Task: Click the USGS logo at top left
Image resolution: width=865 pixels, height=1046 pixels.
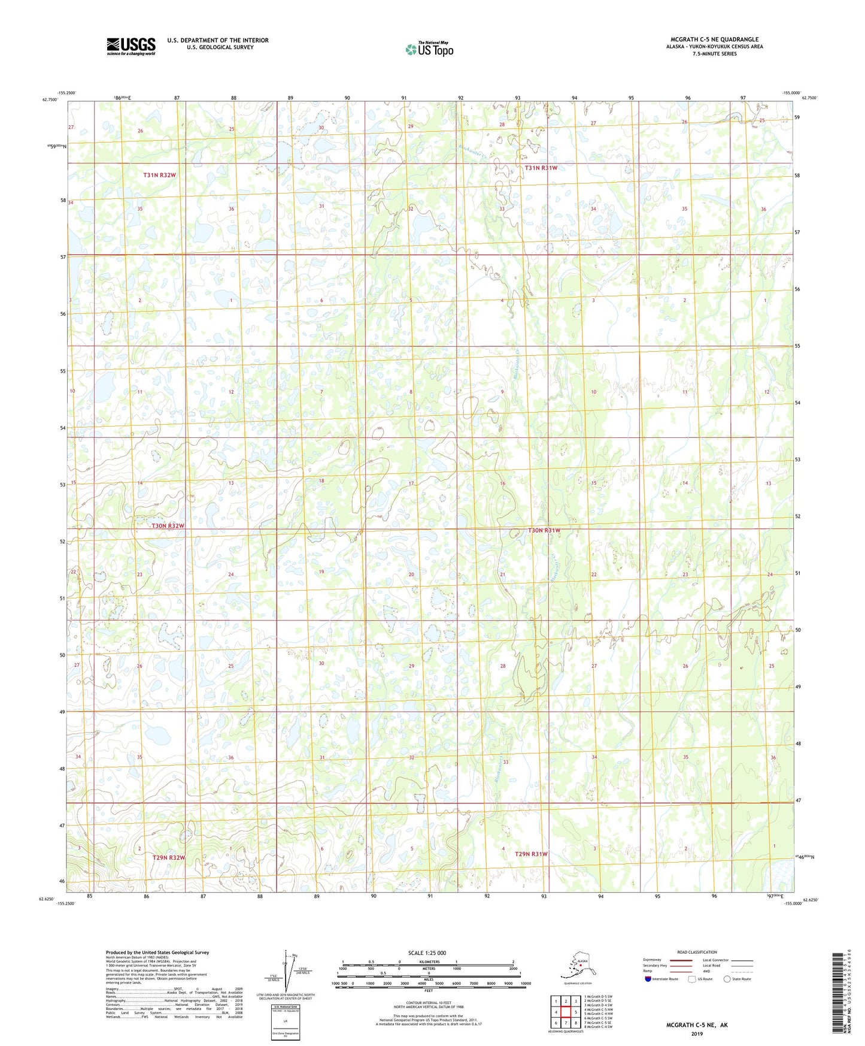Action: pos(130,46)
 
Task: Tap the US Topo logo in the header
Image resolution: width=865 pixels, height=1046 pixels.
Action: pos(429,49)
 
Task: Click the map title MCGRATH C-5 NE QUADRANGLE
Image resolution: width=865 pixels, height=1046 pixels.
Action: pos(714,40)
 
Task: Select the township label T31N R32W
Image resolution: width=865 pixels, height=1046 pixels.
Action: pos(160,175)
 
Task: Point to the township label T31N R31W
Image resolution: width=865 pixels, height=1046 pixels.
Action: pos(541,168)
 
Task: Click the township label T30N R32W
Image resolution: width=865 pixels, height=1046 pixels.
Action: pos(168,525)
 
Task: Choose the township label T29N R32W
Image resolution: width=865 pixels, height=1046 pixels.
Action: pos(168,857)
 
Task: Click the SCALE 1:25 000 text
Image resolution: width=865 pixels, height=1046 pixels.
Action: pos(427,953)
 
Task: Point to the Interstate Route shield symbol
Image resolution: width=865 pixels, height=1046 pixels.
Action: pos(648,979)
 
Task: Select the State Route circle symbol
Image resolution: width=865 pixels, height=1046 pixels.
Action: pos(727,979)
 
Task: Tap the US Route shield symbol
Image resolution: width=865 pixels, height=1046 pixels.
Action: pos(692,979)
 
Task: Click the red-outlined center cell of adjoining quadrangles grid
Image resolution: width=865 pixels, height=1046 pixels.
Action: pos(565,1012)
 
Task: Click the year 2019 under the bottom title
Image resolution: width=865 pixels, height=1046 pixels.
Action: pos(697,1033)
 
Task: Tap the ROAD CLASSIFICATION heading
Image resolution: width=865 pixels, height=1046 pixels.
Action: pos(697,952)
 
